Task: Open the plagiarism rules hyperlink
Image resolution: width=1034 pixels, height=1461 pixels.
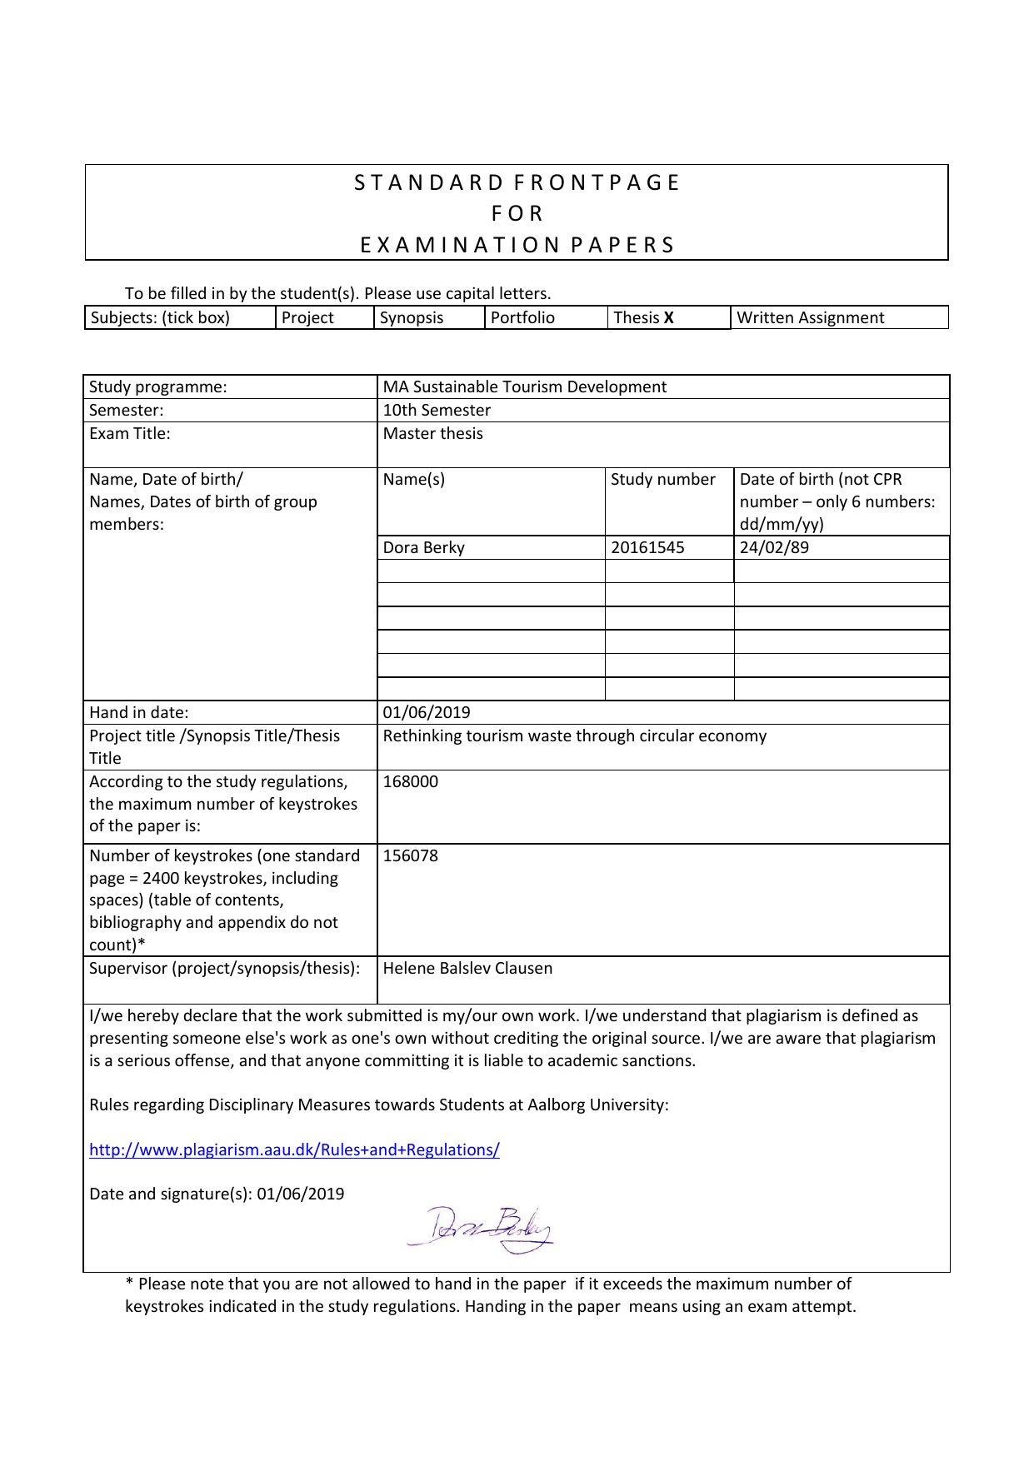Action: point(294,1149)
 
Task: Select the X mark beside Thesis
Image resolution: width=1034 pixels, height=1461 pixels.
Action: point(669,317)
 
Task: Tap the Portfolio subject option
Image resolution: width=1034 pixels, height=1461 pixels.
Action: point(522,317)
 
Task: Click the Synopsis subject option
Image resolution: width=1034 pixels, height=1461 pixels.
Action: point(412,317)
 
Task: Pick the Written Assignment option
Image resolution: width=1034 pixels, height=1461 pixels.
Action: point(810,317)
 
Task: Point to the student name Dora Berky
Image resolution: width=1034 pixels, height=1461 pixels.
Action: point(423,547)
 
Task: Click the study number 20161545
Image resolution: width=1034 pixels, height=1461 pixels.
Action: point(647,547)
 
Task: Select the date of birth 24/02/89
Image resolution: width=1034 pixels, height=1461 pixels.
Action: point(774,547)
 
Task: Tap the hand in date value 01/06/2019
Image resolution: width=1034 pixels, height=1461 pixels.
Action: point(427,712)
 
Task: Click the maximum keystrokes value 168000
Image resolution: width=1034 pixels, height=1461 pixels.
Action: point(410,781)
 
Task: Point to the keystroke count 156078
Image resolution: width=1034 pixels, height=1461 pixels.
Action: point(410,855)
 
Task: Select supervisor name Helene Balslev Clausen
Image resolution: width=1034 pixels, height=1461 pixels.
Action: point(467,968)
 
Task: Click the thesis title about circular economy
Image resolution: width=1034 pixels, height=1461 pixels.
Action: point(574,735)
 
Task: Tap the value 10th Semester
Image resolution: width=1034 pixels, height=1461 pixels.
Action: point(437,410)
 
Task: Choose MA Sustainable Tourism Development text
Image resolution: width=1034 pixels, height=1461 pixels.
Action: point(524,386)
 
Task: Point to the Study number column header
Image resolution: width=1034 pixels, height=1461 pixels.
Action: point(662,479)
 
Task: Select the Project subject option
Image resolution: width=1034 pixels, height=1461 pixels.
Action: point(307,317)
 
